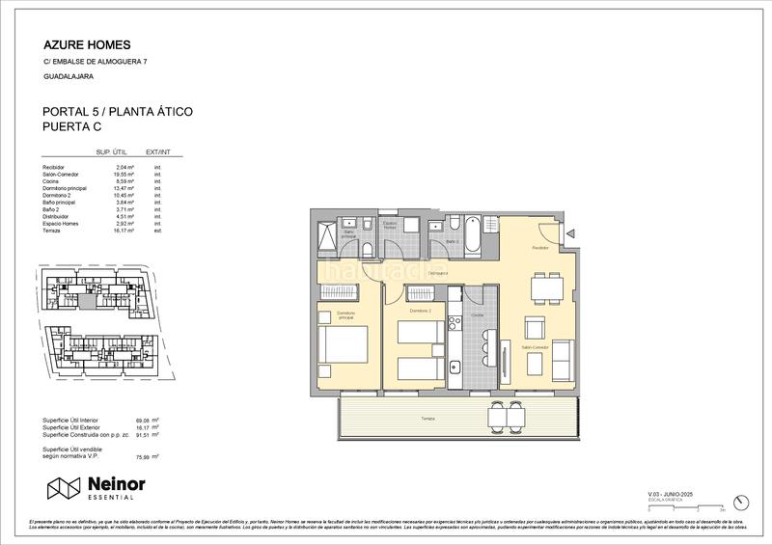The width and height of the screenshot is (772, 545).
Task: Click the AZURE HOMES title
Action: click(88, 44)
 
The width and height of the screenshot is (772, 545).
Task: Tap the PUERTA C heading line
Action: click(72, 126)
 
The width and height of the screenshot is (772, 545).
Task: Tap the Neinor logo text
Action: click(115, 485)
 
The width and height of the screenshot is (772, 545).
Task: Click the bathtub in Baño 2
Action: click(473, 235)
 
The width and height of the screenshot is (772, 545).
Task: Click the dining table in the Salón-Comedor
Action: click(547, 286)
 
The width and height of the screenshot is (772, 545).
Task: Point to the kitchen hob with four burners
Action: click(455, 338)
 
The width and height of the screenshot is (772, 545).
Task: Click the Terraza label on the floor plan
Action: click(427, 418)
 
